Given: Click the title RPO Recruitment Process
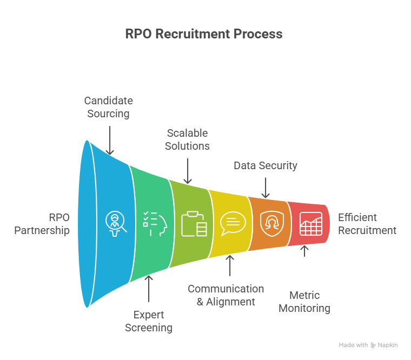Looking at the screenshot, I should pos(204,34).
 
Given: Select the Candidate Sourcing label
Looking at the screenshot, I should pos(109,107).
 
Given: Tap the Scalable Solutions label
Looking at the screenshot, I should pos(187,139).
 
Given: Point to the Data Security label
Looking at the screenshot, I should pos(266,165).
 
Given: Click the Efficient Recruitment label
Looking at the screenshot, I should pos(367,224).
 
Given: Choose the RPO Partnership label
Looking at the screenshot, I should pos(42,224).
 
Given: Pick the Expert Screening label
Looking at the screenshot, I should pos(149,321).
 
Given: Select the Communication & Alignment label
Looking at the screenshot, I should pos(226,295).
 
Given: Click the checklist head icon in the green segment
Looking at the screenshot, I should pos(155,223).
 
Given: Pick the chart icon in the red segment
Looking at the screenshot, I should pos(310,223).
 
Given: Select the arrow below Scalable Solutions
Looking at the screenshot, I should pos(188,170).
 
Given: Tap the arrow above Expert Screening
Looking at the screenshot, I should pos(149,289).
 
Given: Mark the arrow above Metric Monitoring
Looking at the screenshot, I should pos(304,251).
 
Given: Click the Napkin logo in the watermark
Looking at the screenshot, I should pos(385,345).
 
